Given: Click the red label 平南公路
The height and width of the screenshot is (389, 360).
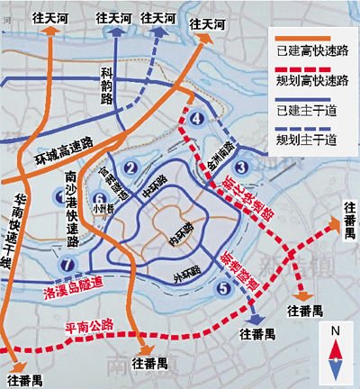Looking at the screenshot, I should coord(94,329).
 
